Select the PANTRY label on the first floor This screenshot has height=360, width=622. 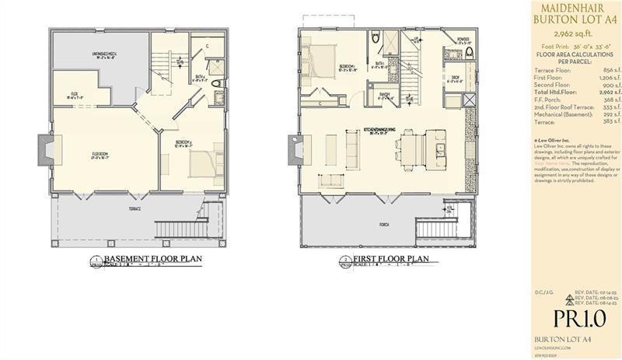(x=385, y=95)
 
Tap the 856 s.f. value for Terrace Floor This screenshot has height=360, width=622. (x=599, y=70)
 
